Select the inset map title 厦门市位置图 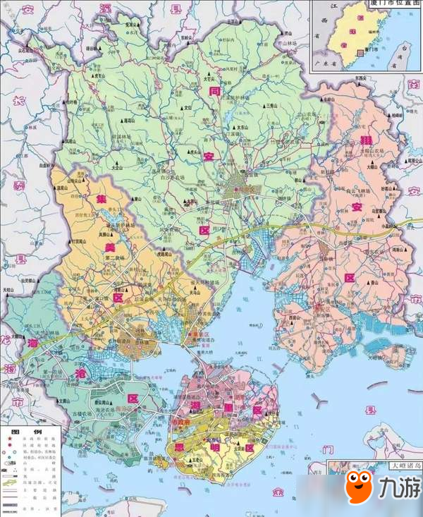pos(391,5)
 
